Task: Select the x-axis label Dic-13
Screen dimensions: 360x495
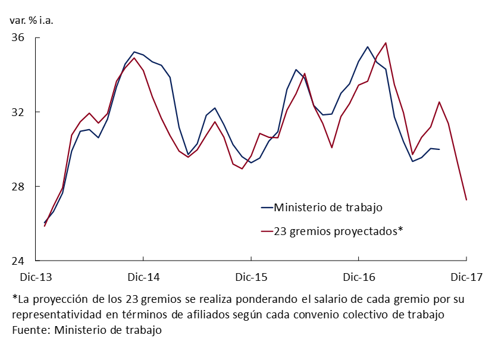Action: [x=36, y=277]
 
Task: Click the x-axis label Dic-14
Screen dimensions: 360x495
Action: [x=143, y=277]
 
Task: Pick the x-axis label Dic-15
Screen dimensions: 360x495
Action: [x=251, y=277]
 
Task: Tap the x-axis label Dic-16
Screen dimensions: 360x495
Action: [x=359, y=277]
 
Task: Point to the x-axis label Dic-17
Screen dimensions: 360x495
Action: [x=466, y=277]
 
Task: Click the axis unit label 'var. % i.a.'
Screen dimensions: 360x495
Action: [x=31, y=20]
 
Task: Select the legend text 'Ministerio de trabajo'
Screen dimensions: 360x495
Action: [x=328, y=208]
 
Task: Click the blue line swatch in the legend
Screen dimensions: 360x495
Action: [x=267, y=208]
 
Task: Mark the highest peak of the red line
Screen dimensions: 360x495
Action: [x=386, y=43]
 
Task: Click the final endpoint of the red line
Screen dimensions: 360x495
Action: [x=466, y=200]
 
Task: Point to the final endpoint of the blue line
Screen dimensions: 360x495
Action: [x=439, y=149]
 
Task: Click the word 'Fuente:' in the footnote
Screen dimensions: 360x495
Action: [x=31, y=329]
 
